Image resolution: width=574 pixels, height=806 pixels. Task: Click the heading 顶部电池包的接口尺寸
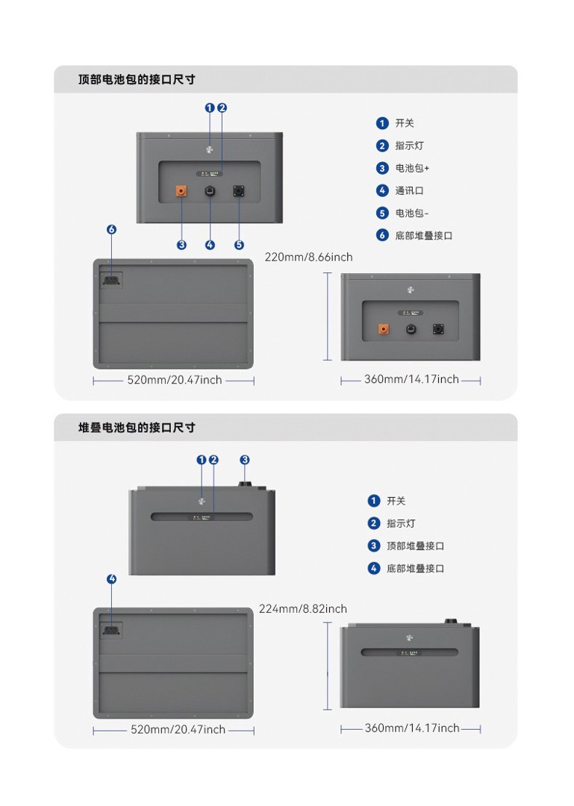point(137,79)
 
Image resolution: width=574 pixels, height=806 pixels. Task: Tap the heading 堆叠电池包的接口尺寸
point(137,428)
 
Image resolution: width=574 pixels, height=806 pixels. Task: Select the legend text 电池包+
point(412,169)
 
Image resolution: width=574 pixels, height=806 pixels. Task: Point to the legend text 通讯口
point(409,191)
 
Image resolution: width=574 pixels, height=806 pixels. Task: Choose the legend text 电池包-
point(412,213)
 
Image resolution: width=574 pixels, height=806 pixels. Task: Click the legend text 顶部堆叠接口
point(415,546)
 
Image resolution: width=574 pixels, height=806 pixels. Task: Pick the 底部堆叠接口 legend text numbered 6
point(423,236)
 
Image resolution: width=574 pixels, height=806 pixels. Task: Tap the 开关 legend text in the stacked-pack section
point(396,502)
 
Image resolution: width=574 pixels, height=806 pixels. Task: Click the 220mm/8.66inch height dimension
point(308,257)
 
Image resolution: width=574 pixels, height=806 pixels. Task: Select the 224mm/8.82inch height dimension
point(302,609)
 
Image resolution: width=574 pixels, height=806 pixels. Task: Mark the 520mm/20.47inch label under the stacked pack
point(178,730)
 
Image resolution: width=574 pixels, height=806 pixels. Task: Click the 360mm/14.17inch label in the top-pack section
point(411,380)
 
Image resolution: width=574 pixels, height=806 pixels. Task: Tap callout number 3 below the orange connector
point(181,245)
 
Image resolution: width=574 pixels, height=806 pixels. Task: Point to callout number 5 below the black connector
point(239,245)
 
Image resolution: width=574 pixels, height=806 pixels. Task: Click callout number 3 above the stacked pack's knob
point(245,460)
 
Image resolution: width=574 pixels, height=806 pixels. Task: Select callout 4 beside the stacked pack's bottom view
point(112,579)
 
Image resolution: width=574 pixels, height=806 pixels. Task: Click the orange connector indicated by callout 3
point(181,192)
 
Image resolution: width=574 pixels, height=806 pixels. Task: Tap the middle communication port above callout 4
point(210,192)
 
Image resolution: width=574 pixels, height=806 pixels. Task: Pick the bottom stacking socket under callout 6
point(111,279)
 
